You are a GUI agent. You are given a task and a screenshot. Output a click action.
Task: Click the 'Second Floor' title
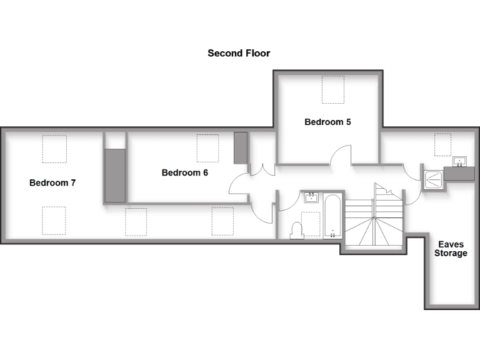coord(239,54)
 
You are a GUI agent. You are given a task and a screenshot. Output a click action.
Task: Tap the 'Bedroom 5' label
coord(327,122)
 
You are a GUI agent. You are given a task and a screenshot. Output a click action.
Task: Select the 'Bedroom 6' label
coord(184,173)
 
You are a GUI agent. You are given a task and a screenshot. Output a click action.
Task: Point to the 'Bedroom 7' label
coord(52,183)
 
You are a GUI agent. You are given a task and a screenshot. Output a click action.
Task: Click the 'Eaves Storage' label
coord(451,249)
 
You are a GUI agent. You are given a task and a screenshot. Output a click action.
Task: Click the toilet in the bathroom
coord(296,231)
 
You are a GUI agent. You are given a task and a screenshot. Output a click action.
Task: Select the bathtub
coord(332,216)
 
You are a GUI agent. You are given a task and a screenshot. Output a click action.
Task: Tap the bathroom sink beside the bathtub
coord(311,198)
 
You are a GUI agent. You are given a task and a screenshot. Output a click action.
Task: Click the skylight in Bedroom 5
coord(333,89)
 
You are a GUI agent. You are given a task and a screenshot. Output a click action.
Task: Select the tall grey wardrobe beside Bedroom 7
coord(115,176)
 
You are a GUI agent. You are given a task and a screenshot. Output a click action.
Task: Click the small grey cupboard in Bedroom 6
coord(241,148)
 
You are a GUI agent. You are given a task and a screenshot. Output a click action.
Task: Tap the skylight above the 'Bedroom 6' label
coord(208,148)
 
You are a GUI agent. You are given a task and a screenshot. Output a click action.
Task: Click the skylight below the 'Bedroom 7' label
coord(54,220)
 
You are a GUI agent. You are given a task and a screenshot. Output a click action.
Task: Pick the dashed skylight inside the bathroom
coord(311,223)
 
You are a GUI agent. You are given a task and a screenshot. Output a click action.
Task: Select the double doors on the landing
coord(262,169)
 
